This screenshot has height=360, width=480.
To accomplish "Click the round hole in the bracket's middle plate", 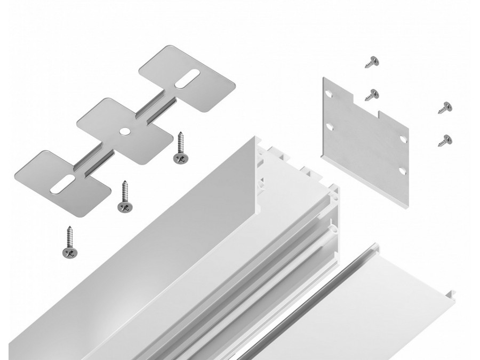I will click(x=124, y=130).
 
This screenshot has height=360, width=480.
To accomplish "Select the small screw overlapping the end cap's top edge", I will click(x=372, y=95).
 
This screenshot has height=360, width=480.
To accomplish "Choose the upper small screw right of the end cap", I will click(x=445, y=107).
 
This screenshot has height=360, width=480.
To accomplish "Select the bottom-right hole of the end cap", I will click(x=403, y=171).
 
